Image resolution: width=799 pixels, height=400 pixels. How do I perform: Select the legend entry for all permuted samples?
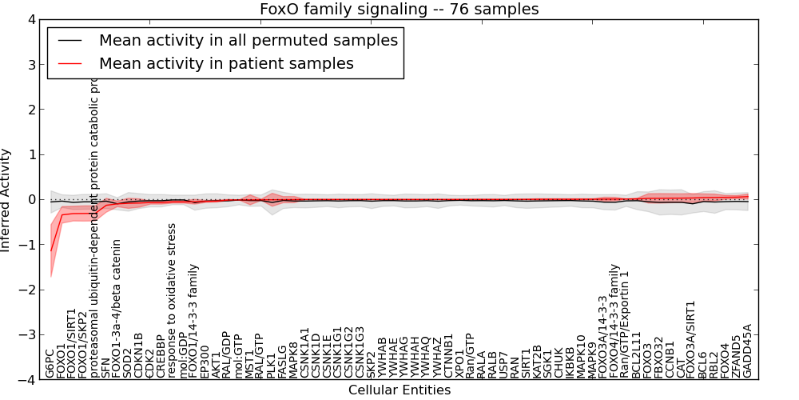248,40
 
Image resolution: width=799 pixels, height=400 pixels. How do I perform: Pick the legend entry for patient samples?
226,62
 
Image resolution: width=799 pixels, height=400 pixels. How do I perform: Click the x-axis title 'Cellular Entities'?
399,390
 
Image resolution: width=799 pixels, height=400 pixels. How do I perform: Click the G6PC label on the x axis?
50,362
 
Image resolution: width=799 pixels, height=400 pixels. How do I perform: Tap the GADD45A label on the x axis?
748,350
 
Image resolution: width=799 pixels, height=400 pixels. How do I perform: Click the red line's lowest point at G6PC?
51,251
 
